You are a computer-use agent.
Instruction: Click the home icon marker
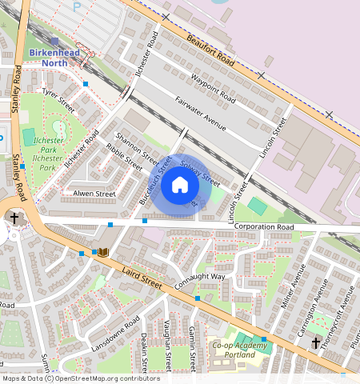tap(180, 186)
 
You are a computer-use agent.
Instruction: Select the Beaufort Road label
tap(210, 49)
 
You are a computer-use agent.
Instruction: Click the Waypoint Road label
tap(214, 89)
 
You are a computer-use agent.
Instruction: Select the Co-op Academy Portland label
tap(240, 350)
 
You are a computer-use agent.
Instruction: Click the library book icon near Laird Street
tap(102, 253)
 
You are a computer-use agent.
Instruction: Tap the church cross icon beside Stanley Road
tap(14, 218)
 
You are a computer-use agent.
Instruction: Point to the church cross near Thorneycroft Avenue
tap(316, 343)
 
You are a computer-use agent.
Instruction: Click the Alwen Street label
tap(94, 194)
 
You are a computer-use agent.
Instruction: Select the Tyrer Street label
tap(59, 101)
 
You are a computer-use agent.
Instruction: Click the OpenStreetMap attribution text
tap(80, 378)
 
